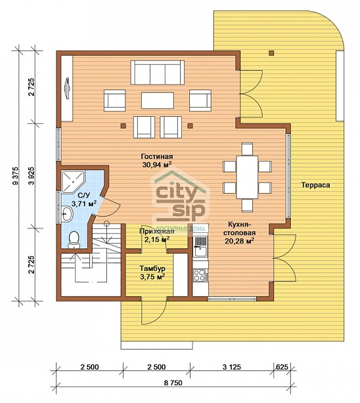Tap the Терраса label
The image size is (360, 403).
(316, 185)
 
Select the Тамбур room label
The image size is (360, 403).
(152, 268)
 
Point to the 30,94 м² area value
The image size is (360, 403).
(157, 165)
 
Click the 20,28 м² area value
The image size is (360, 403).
(240, 241)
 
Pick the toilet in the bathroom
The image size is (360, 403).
(74, 240)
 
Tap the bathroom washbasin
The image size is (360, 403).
(67, 214)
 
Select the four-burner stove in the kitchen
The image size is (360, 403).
(200, 274)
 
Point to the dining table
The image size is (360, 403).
(247, 177)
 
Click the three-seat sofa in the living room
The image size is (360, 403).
(157, 72)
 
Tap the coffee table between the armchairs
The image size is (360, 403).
(157, 100)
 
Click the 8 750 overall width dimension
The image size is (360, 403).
(173, 383)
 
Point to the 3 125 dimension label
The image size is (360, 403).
(232, 367)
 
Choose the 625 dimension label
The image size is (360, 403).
(282, 367)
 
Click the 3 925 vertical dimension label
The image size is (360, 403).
(32, 176)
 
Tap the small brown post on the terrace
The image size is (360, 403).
(271, 53)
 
